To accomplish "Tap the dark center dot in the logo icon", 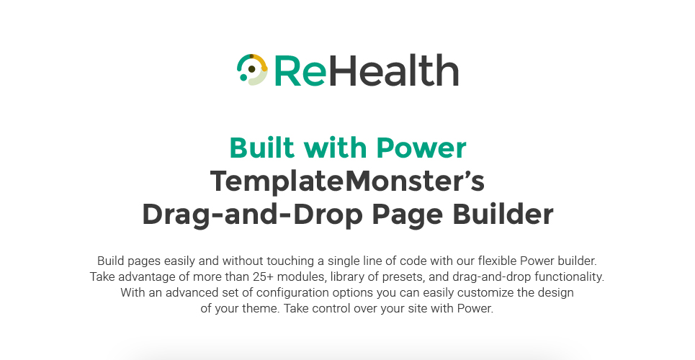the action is coord(252,69).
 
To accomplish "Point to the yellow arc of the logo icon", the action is coord(261,62).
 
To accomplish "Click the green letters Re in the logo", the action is coord(300,71).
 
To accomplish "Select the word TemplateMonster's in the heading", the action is coord(347,181).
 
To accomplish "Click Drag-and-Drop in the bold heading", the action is coord(253,215).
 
